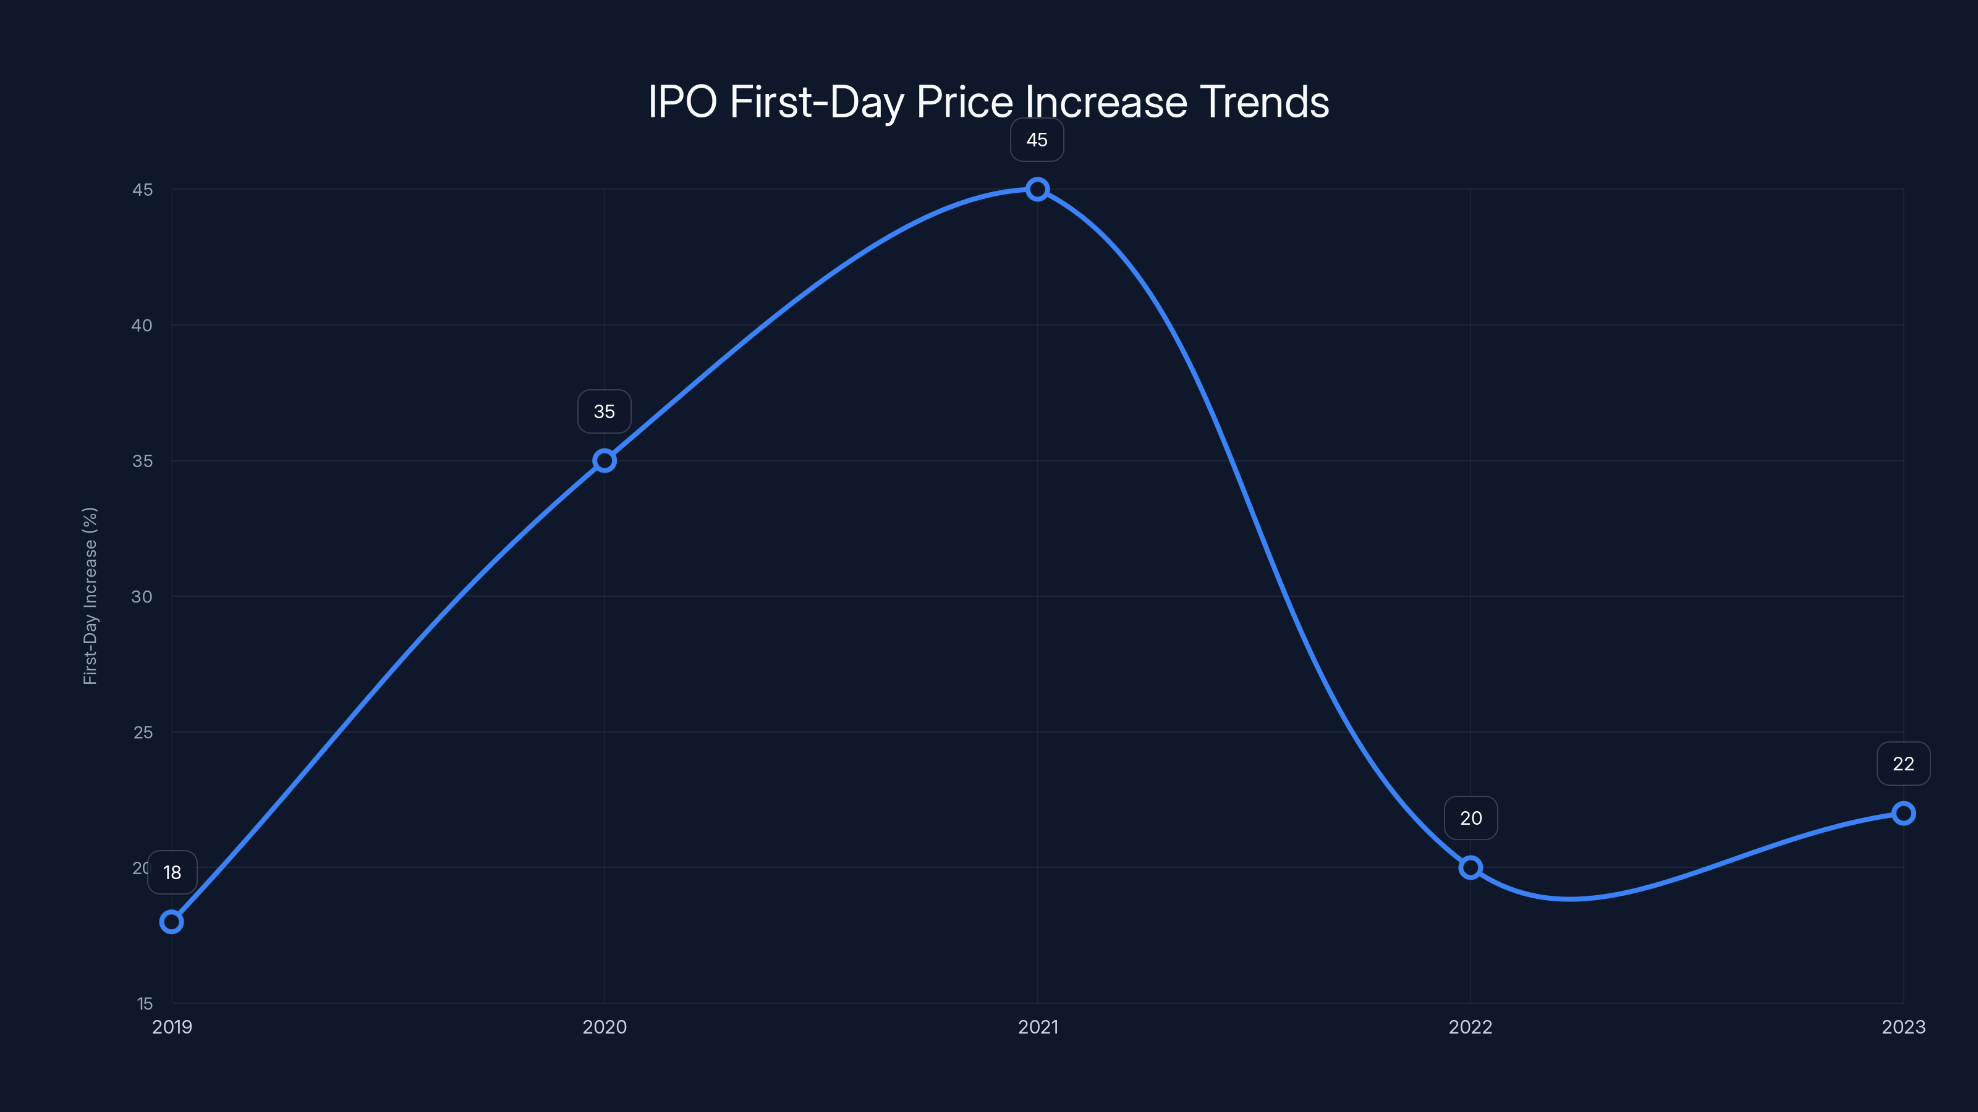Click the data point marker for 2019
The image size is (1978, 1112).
point(171,922)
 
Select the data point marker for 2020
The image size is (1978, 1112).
point(605,460)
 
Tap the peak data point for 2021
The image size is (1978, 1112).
point(1037,189)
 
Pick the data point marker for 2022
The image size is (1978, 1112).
point(1471,868)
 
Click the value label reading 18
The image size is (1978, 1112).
point(172,872)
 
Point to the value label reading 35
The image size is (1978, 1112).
point(605,411)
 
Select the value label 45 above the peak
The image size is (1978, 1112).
point(1037,140)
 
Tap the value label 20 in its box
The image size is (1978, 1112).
point(1471,818)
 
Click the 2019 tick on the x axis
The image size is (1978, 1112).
point(172,1027)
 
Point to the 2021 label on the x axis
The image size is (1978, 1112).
point(1037,1027)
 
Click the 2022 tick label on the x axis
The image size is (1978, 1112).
point(1470,1027)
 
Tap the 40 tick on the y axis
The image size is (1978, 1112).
point(142,326)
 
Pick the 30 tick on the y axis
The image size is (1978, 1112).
point(142,596)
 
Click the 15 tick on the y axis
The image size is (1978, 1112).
point(145,1003)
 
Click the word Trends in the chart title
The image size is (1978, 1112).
point(1264,102)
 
